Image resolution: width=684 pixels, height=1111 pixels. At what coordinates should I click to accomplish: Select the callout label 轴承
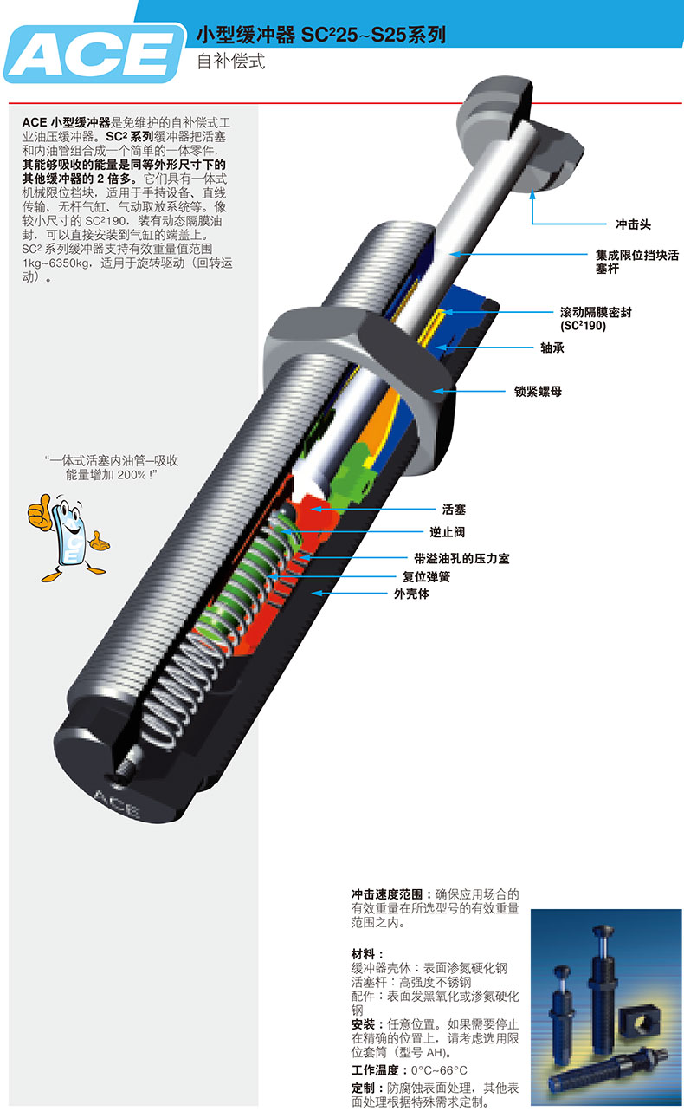pyautogui.click(x=552, y=348)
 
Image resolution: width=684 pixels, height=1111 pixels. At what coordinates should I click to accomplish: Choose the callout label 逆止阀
pyautogui.click(x=453, y=531)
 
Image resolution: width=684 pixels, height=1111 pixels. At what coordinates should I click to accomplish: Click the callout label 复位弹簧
pyautogui.click(x=426, y=576)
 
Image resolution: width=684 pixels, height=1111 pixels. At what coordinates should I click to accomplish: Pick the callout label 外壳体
pyautogui.click(x=411, y=594)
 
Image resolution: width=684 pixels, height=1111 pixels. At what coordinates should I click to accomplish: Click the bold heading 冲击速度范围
pyautogui.click(x=388, y=893)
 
